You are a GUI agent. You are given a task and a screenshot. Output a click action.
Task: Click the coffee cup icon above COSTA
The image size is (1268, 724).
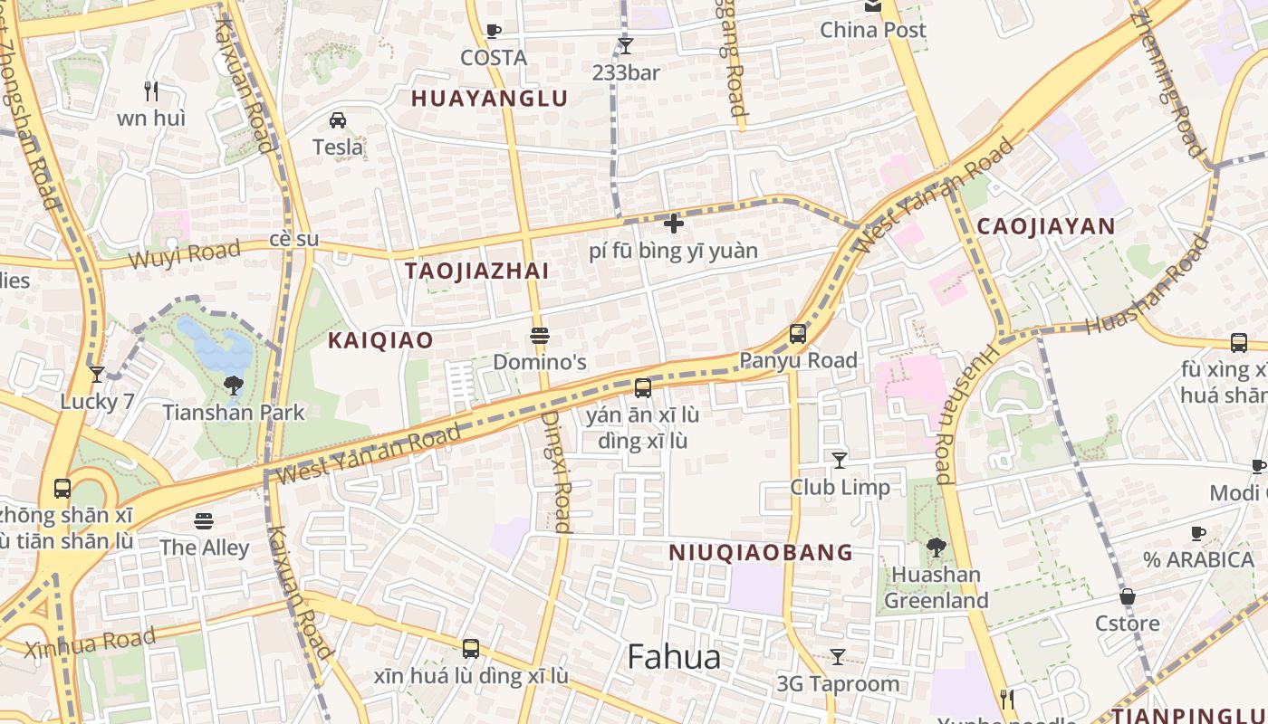click(493, 32)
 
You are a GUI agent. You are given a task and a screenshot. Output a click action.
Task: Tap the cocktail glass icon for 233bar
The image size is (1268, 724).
click(625, 45)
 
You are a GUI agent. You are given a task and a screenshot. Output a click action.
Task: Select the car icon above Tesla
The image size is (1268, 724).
click(337, 120)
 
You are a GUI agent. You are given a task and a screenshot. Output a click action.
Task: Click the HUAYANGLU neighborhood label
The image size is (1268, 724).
click(489, 99)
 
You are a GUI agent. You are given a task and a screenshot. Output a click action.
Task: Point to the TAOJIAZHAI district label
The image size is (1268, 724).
click(476, 271)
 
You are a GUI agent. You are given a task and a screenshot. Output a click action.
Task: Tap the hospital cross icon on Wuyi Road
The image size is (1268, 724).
click(673, 223)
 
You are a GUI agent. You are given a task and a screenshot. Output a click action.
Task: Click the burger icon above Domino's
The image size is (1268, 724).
click(540, 337)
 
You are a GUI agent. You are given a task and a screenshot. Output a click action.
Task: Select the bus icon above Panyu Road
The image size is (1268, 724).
click(797, 334)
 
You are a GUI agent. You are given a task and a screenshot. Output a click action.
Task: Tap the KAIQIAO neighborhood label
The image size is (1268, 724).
click(380, 340)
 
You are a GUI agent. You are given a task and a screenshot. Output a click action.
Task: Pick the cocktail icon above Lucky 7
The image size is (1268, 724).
click(97, 375)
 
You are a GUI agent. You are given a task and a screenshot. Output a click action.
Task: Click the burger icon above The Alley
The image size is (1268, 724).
click(204, 521)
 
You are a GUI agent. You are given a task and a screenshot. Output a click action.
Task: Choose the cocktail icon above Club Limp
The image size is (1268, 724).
click(840, 461)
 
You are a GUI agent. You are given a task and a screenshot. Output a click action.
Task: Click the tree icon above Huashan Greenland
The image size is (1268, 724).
click(936, 548)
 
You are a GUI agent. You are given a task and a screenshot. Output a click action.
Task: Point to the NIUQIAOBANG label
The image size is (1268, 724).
click(761, 552)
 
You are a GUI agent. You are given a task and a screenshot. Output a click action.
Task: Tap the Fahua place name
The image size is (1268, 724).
click(674, 657)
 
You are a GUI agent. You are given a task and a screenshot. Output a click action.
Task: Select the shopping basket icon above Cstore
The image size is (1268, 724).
click(1127, 597)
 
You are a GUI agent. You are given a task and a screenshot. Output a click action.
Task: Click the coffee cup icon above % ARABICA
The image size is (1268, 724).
click(1198, 534)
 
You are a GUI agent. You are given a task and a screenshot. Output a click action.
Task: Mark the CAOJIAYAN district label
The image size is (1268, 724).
click(1045, 226)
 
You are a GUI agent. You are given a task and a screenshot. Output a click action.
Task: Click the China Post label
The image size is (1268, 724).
click(873, 30)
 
